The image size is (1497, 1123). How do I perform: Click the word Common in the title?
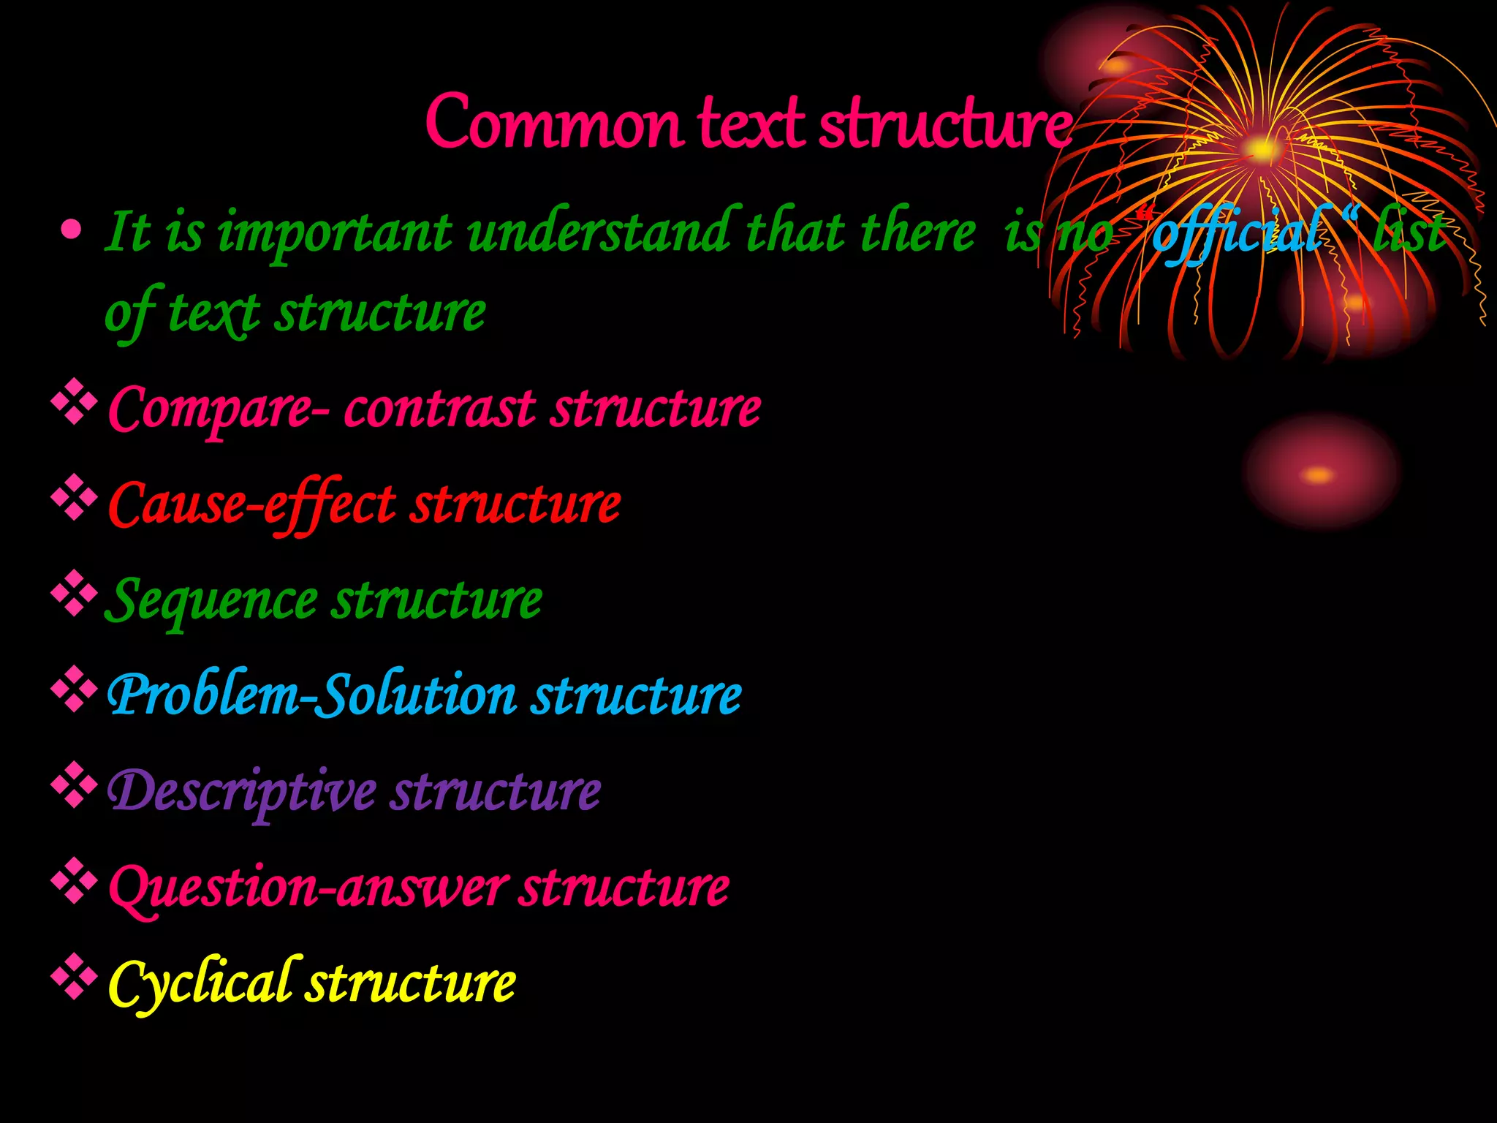click(553, 123)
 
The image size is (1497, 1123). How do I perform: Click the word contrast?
click(439, 409)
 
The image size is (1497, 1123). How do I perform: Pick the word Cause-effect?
click(252, 504)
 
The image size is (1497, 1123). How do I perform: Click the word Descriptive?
click(242, 792)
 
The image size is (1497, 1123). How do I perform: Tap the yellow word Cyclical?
click(201, 983)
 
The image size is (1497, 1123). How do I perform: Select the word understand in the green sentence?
click(599, 232)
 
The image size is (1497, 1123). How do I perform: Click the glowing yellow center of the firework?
click(1262, 150)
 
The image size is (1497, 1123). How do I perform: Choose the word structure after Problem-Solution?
click(635, 695)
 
